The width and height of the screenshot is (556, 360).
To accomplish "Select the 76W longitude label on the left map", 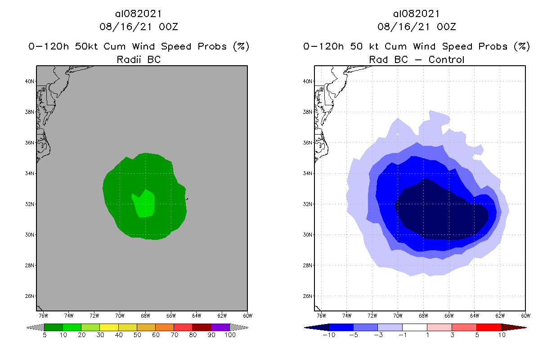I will tap(44, 315).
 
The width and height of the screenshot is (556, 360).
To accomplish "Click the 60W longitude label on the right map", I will tap(525, 315).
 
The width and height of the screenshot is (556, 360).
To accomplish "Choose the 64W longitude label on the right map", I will tap(475, 315).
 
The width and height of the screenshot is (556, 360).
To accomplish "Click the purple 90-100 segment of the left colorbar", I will tap(220, 327).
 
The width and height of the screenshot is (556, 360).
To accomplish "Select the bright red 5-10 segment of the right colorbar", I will tap(489, 327).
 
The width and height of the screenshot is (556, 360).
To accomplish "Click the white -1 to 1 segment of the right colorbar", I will tap(414, 327).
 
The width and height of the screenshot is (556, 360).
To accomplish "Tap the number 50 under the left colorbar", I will tap(137, 335).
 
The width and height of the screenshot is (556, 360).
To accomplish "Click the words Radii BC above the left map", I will tap(138, 59).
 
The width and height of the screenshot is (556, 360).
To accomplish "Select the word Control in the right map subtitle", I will tap(446, 59).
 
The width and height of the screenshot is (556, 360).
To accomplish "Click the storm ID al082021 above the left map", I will tap(139, 14).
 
